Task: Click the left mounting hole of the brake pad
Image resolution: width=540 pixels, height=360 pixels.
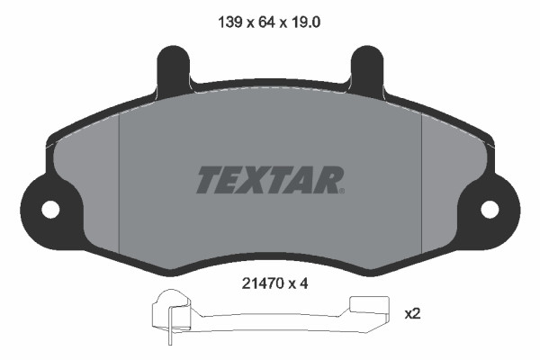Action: (49, 209)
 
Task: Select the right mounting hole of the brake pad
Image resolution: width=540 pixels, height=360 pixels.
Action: (490, 209)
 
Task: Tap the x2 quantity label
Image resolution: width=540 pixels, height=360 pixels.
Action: (413, 314)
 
